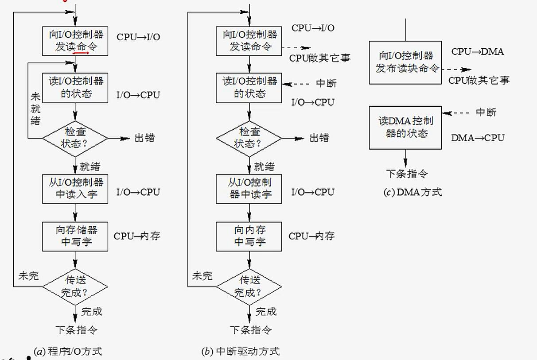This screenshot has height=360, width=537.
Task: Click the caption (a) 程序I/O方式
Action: point(68,352)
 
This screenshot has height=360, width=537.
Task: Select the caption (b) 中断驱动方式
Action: point(241,352)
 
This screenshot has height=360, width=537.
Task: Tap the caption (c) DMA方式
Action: point(412,192)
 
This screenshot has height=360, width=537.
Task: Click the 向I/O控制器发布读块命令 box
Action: point(405,62)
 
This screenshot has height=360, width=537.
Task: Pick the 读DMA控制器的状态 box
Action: point(405,128)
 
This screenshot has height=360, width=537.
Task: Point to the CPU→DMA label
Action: point(477,52)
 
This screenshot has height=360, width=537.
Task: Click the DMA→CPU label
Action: point(477,138)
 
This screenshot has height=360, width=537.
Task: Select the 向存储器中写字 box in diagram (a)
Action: point(75,236)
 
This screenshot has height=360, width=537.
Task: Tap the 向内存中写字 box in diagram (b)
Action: point(249,236)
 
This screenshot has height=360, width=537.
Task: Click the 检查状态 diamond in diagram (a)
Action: point(75,138)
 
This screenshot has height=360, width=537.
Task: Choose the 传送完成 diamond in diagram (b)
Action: point(249,286)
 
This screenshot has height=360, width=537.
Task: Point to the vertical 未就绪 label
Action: point(35,108)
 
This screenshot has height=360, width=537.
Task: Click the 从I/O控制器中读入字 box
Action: point(75,188)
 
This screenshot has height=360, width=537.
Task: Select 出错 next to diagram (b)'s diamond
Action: point(319,138)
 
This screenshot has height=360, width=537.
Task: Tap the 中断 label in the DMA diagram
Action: point(486,112)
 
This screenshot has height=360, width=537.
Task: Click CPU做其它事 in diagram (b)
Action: point(319,58)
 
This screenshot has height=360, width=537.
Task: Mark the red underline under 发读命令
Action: point(80,53)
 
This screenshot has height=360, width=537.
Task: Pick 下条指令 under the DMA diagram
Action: point(407,174)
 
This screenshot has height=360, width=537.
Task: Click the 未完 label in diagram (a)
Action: point(28,276)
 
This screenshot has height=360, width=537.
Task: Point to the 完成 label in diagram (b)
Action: point(266,312)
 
